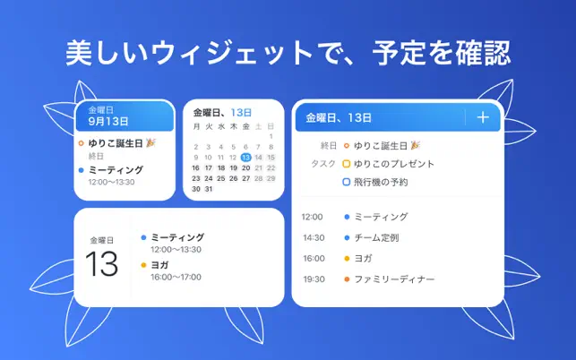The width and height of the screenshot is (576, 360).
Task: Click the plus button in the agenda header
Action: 483,117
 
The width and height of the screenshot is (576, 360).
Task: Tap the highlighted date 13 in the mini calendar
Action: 245,158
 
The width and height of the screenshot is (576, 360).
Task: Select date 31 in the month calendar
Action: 209,189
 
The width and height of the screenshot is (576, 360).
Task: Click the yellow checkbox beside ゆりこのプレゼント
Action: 346,164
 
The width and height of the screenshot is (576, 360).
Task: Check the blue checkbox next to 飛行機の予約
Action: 346,182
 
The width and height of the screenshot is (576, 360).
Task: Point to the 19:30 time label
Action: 314,279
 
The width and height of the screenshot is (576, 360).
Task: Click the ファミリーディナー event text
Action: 394,279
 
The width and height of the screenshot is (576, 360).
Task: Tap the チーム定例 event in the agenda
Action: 376,237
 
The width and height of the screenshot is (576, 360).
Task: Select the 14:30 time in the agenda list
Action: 314,237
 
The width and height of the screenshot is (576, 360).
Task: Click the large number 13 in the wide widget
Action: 102,264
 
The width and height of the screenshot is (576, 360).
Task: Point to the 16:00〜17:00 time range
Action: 176,277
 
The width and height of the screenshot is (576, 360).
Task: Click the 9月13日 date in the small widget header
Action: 108,121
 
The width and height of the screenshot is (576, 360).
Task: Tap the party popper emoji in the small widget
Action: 150,142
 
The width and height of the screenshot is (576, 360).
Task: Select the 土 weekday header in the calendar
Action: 259,126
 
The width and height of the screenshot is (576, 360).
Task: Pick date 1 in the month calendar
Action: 271,136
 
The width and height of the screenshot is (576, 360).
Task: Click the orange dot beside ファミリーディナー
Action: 347,279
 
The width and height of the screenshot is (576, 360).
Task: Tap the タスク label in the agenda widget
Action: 323,164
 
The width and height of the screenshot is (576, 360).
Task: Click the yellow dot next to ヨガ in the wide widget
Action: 143,265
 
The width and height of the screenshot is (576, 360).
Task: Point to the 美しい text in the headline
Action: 107,53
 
